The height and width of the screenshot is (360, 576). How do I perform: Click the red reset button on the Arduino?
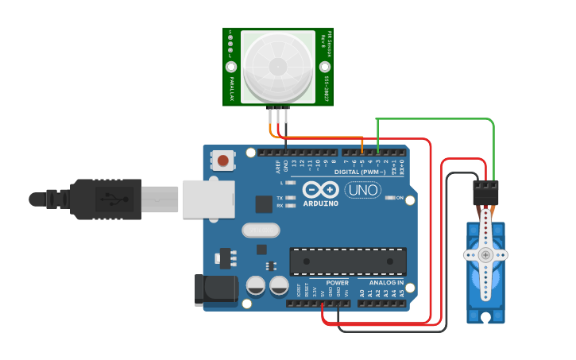pyautogui.click(x=223, y=161)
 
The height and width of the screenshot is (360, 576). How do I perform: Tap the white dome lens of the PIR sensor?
pyautogui.click(x=278, y=67)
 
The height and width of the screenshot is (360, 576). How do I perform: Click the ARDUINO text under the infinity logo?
pyautogui.click(x=321, y=203)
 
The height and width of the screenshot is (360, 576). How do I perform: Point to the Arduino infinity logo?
pyautogui.click(x=321, y=191)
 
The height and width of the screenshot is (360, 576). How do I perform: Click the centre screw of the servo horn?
pyautogui.click(x=485, y=254)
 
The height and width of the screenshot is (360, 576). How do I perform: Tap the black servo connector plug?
pyautogui.click(x=485, y=192)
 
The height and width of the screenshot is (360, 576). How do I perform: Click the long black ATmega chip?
pyautogui.click(x=348, y=261)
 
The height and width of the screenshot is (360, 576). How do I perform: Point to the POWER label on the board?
pyautogui.click(x=337, y=283)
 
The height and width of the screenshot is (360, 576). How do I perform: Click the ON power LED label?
pyautogui.click(x=400, y=197)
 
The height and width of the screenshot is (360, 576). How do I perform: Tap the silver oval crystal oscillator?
pyautogui.click(x=260, y=230)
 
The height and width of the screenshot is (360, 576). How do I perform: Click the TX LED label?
pyautogui.click(x=280, y=197)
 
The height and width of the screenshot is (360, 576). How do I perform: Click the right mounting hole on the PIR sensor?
pyautogui.click(x=325, y=67)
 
